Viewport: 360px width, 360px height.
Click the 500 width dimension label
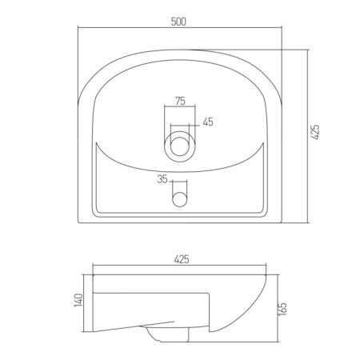pos(178,22)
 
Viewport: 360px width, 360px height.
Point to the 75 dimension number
pos(180,101)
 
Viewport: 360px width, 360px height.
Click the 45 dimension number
pos(208,122)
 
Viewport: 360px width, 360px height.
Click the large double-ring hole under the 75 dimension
pos(180,146)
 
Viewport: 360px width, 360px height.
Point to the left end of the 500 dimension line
pos(78,29)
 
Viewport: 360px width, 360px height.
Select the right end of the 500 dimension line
pos(283,29)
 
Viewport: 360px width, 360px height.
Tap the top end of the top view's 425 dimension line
pos(308,47)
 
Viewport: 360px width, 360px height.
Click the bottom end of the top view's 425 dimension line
pos(308,222)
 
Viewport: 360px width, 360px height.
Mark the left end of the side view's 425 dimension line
pos(93,267)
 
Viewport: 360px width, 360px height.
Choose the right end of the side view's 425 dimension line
pos(267,267)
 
